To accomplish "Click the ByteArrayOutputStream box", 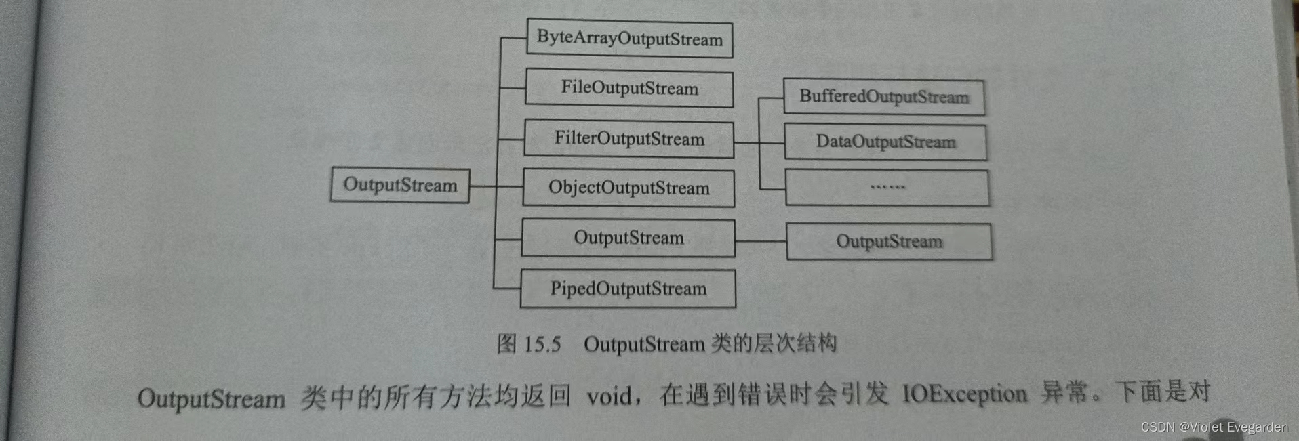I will click(629, 38).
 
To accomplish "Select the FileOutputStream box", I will click(629, 88).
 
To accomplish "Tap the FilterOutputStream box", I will click(628, 139).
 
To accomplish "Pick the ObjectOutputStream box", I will click(628, 188).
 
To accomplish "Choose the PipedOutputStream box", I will click(628, 289).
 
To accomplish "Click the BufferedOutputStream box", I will click(883, 97).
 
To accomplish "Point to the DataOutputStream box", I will click(885, 142).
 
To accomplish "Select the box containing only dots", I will click(887, 187).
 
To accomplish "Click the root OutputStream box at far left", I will click(400, 185).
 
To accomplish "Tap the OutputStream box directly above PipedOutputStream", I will click(628, 238).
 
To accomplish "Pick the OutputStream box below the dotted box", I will click(889, 242).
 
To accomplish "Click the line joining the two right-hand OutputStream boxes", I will click(761, 240).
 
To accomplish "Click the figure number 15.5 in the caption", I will click(542, 344).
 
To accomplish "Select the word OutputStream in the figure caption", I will click(644, 344).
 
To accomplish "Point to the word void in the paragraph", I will click(609, 396).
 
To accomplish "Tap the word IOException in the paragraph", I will click(964, 394).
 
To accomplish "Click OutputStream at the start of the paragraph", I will click(211, 398).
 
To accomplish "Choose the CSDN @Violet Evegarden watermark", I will click(1214, 427).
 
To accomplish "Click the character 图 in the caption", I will click(506, 343).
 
